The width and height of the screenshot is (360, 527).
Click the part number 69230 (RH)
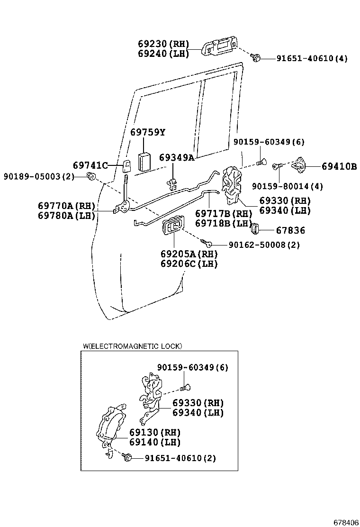pos(163,43)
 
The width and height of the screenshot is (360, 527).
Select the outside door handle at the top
pos(221,47)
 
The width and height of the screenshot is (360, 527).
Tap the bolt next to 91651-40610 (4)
pos(256,58)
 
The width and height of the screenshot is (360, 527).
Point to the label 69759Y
pos(148,132)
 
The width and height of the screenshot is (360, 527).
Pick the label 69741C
pos(90,165)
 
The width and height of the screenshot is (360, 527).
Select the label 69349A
pos(177,157)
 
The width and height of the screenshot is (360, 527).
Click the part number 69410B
pos(339,166)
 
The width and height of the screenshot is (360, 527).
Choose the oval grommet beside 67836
pos(254,228)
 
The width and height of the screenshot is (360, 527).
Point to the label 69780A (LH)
pos(67,216)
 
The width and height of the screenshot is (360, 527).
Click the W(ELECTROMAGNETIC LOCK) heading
pos(132,346)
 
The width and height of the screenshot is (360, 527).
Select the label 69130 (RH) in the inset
pos(155,433)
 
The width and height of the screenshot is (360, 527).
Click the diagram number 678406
pos(346,522)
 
